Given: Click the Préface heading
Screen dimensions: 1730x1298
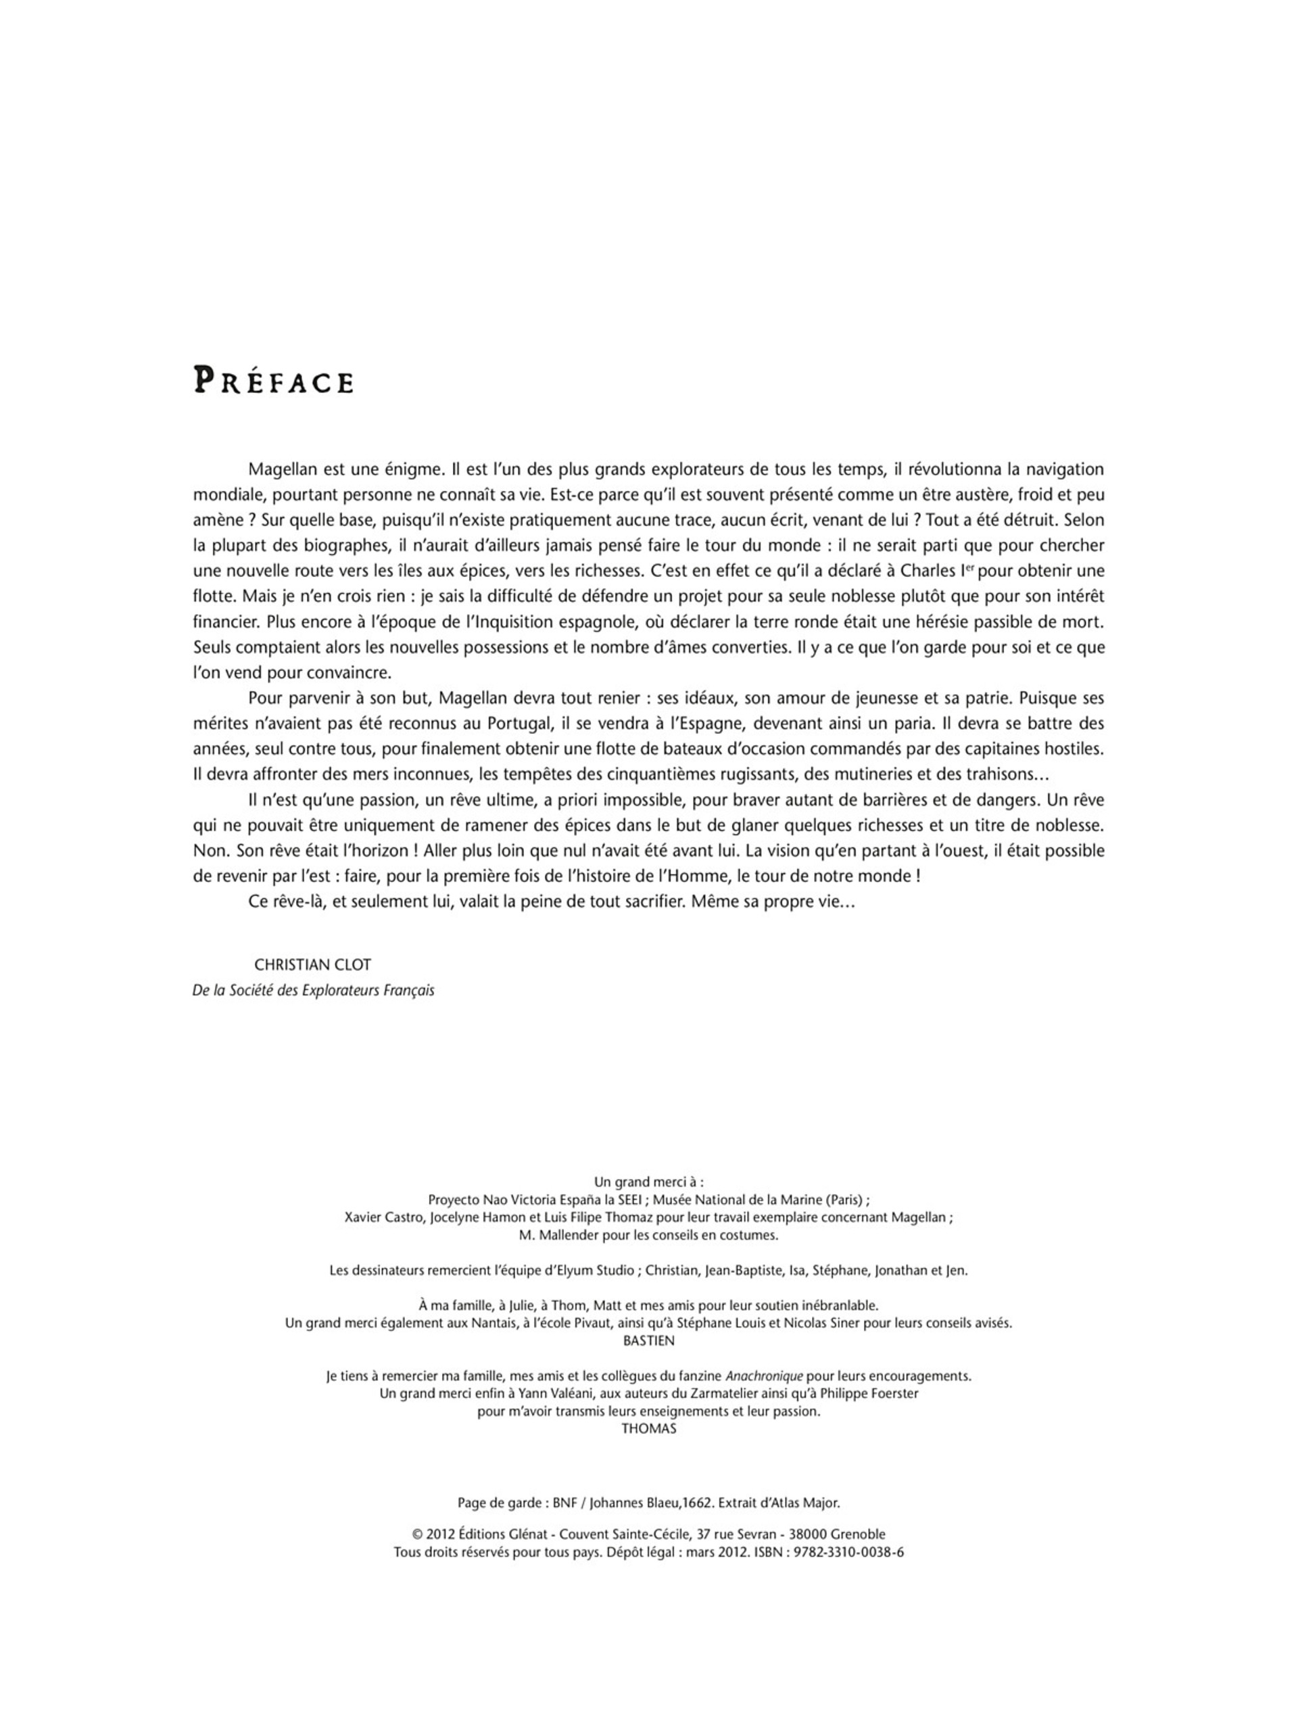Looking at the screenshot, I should (x=273, y=381).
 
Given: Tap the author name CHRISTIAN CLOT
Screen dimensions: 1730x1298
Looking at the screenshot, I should (x=312, y=965).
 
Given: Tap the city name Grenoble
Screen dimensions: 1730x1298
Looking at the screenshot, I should (x=857, y=1535).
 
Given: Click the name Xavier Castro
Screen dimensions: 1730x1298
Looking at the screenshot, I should (x=383, y=1218).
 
